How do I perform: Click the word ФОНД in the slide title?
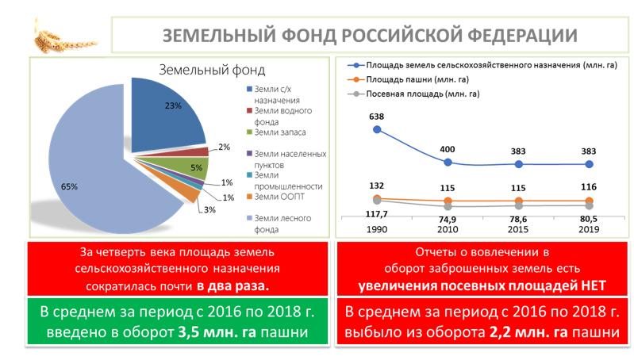point(306,36)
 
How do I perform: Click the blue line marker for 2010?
point(448,163)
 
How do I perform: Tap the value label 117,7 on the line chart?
point(376,214)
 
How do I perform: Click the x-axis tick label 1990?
point(376,228)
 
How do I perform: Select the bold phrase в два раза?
point(233,283)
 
